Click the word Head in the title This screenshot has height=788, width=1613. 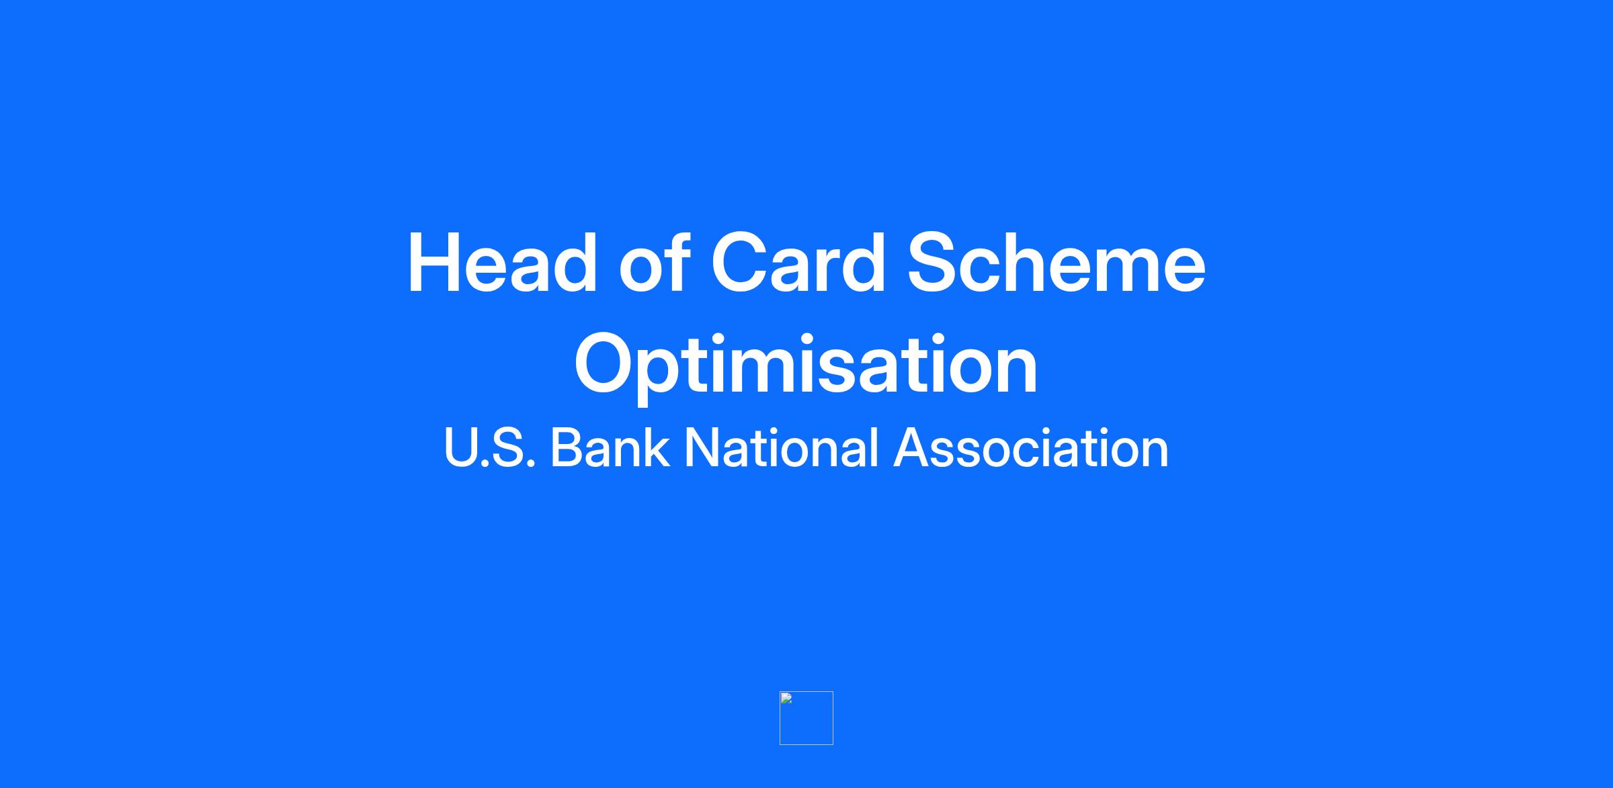pyautogui.click(x=502, y=263)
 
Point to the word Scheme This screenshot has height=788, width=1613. pyautogui.click(x=1057, y=262)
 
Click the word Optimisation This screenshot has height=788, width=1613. pyautogui.click(x=806, y=364)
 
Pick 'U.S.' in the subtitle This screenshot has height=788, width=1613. pyautogui.click(x=489, y=447)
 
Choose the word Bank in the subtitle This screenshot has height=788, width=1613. pyautogui.click(x=610, y=447)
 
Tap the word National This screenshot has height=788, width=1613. pyautogui.click(x=782, y=447)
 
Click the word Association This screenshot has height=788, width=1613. pyautogui.click(x=1031, y=447)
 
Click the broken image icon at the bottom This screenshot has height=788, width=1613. pyautogui.click(x=806, y=718)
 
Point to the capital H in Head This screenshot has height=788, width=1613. pyautogui.click(x=435, y=263)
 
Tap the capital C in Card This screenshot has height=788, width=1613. pyautogui.click(x=742, y=262)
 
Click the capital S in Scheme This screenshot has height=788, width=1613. pyautogui.click(x=935, y=262)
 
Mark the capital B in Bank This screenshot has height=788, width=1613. pyautogui.click(x=567, y=447)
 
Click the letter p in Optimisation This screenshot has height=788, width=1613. pyautogui.click(x=672, y=376)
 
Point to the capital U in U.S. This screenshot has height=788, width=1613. pyautogui.click(x=460, y=448)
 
